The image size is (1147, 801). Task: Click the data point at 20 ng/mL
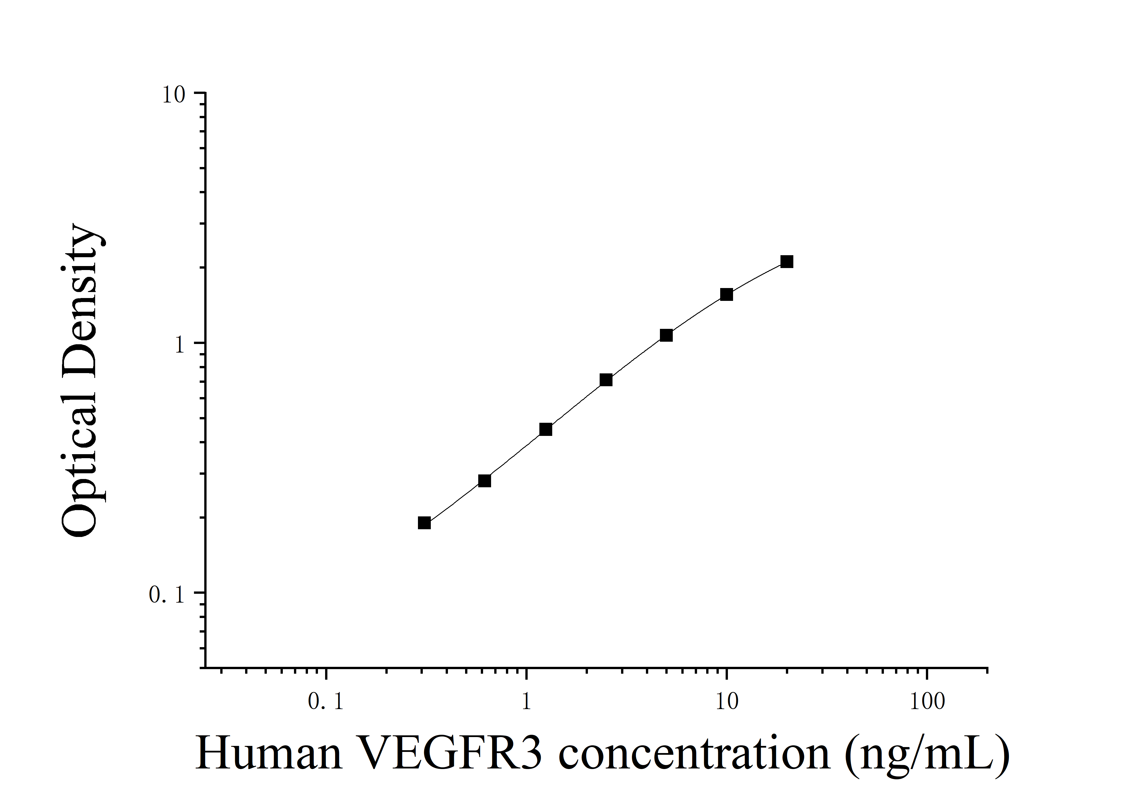pyautogui.click(x=787, y=261)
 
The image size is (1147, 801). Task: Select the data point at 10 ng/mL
pyautogui.click(x=726, y=294)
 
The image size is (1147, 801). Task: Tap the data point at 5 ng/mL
pyautogui.click(x=666, y=335)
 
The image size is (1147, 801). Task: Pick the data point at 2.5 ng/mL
pyautogui.click(x=606, y=380)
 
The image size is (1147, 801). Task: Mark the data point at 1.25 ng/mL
pyautogui.click(x=546, y=429)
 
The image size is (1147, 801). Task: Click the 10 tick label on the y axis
pyautogui.click(x=173, y=95)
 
